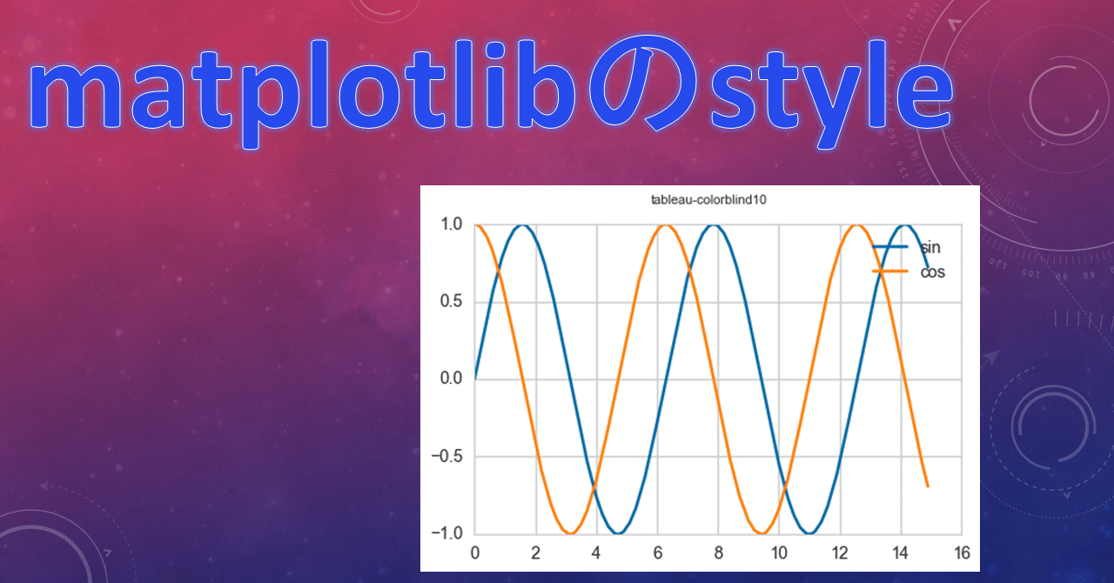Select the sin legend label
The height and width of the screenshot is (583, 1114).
[x=930, y=248]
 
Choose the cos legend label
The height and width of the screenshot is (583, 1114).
[x=932, y=271]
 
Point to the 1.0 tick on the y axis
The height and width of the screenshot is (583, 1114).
[x=450, y=224]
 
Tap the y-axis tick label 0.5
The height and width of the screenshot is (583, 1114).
[x=450, y=302]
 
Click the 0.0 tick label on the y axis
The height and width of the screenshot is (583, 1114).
[x=450, y=379]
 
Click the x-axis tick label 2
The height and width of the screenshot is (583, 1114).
[x=535, y=553]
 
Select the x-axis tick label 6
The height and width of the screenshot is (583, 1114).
[x=657, y=553]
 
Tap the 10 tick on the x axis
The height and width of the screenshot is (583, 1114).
[x=779, y=553]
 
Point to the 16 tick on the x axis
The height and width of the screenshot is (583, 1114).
[x=961, y=553]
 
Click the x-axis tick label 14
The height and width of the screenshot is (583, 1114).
[x=901, y=553]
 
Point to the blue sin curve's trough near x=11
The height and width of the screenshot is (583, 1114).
[x=809, y=533]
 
